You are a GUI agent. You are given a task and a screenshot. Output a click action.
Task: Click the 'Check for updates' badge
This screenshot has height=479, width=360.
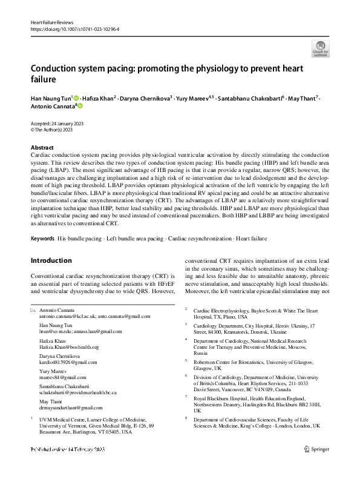[320, 48]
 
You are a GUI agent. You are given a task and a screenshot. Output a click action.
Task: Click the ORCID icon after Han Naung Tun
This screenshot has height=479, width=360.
[77, 97]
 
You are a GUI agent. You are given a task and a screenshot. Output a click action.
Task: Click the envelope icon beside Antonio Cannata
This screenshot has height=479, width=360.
[33, 309]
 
